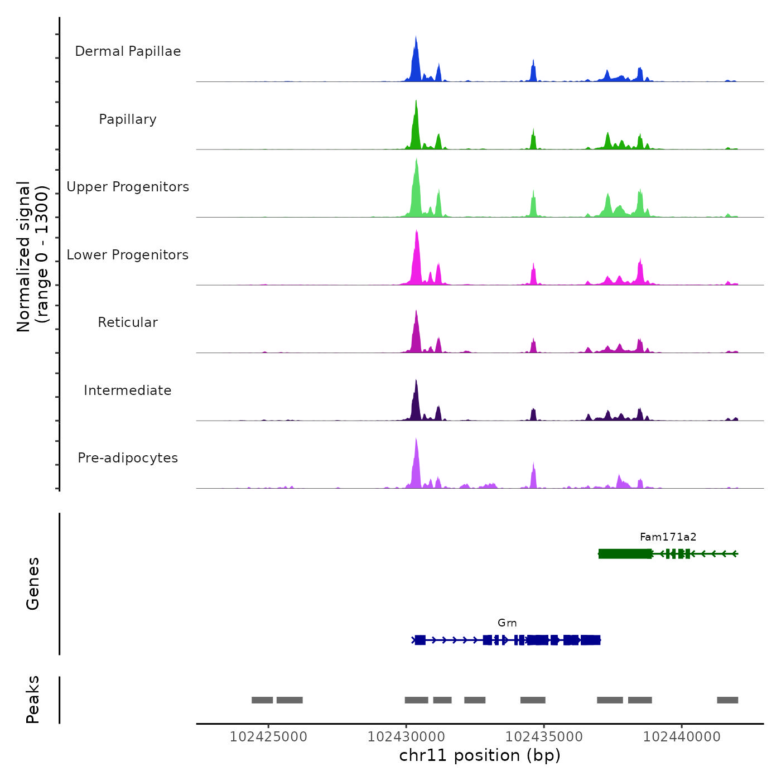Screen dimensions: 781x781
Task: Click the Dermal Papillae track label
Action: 128,51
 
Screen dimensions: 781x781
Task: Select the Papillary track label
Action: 128,119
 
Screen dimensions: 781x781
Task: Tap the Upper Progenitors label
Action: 128,187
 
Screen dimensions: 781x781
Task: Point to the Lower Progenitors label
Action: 128,255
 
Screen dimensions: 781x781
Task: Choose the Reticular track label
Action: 128,322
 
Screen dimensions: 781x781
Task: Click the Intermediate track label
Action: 128,390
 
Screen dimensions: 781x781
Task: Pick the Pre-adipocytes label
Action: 128,458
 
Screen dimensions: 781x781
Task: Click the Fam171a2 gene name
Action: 668,537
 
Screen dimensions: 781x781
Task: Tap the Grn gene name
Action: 507,623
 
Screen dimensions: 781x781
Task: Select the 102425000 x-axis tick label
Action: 268,737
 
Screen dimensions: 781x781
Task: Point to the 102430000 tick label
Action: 406,737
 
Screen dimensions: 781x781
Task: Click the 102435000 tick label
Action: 544,737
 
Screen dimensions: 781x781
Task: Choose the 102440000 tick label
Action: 682,737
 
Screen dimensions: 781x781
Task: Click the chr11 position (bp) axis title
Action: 480,756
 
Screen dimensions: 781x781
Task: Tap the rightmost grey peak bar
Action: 727,700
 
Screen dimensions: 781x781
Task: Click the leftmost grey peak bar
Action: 262,700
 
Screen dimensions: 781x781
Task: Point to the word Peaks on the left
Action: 33,700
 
